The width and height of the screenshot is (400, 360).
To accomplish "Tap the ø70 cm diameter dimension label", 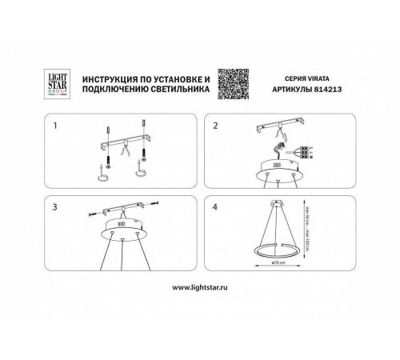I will coord(277,260).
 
